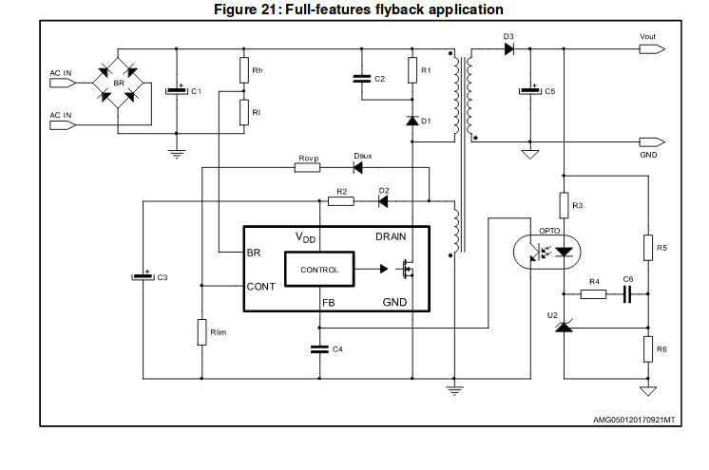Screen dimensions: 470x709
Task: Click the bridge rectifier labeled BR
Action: (119, 84)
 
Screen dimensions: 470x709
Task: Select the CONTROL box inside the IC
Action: (319, 270)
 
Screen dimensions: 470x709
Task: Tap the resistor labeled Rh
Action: (244, 69)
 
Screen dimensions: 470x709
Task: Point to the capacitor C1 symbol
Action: (176, 91)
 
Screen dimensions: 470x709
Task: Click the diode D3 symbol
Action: (509, 49)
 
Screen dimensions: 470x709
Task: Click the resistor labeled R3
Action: (564, 205)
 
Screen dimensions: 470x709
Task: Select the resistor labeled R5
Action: (648, 249)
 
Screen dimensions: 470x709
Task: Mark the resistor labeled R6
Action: (648, 348)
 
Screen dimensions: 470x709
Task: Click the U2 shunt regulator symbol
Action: (564, 327)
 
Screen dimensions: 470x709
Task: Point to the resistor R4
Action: (593, 294)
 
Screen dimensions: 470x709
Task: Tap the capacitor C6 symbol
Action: (626, 294)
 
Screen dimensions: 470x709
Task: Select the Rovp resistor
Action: (307, 168)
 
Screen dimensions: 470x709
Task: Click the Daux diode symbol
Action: (360, 168)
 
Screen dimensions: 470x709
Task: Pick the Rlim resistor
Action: (201, 331)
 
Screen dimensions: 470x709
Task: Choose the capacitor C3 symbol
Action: (142, 277)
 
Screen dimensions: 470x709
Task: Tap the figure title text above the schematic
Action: (354, 9)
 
